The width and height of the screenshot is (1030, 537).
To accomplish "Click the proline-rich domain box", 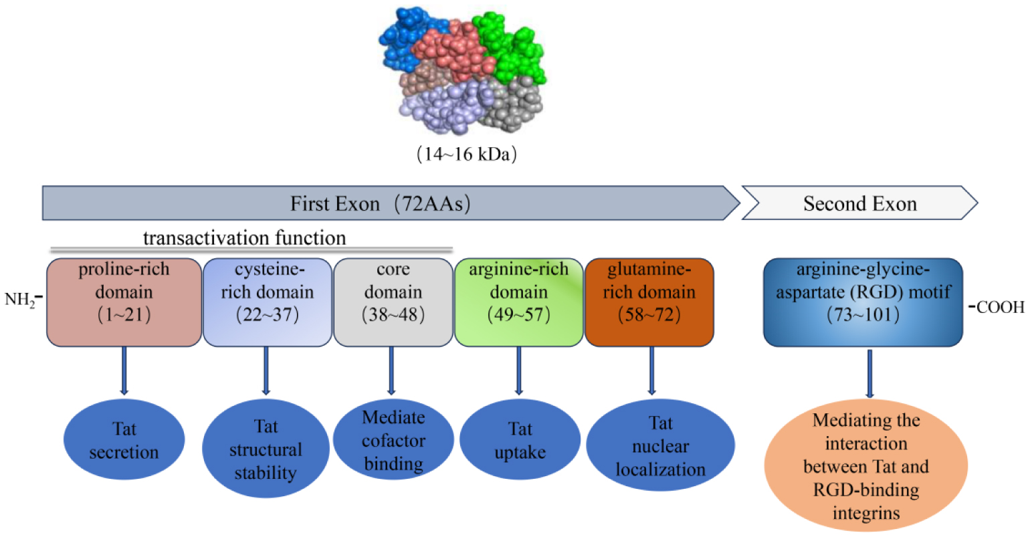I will coord(124,302).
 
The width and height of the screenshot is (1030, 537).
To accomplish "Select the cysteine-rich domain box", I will coord(267,302).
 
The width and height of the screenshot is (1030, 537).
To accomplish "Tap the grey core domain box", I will coord(393,302).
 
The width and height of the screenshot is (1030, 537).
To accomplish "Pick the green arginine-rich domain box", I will coord(518,302).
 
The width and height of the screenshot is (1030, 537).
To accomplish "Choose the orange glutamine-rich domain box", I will coord(649,302).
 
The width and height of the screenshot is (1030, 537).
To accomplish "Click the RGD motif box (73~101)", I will coord(863,302).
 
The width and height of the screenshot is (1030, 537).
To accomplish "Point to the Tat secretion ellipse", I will coord(124,440).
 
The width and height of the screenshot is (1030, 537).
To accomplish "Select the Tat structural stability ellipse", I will coord(266,449).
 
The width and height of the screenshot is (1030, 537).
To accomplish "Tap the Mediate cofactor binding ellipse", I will coord(393,441).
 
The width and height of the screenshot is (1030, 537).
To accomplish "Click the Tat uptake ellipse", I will coord(520,441).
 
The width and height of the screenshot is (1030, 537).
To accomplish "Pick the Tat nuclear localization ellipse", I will coord(660,446).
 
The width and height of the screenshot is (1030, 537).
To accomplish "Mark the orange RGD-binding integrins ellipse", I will coord(866,466).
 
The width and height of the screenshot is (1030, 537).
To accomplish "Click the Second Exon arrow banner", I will coord(859,203).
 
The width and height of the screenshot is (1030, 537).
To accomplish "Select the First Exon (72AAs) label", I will coord(380,203).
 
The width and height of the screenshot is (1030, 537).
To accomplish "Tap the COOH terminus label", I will coord(1000,307).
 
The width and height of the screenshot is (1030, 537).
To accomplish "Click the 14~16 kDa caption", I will coord(466,154).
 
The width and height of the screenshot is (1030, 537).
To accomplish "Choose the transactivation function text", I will coord(244,238).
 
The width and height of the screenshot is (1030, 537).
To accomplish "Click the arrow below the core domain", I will coord(391,370).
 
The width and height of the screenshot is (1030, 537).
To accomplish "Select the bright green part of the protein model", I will coord(512,47).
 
